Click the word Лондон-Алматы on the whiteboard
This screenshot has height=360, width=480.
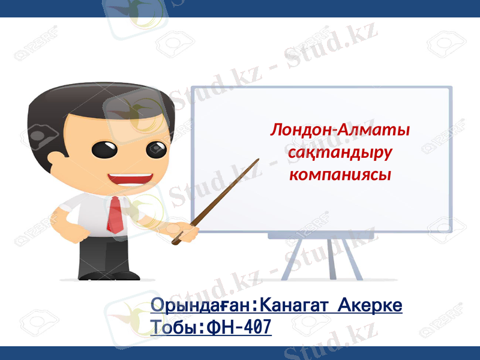pyautogui.click(x=340, y=130)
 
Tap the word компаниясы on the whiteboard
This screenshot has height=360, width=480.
pyautogui.click(x=340, y=175)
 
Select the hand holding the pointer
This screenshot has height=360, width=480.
pyautogui.click(x=187, y=231)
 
